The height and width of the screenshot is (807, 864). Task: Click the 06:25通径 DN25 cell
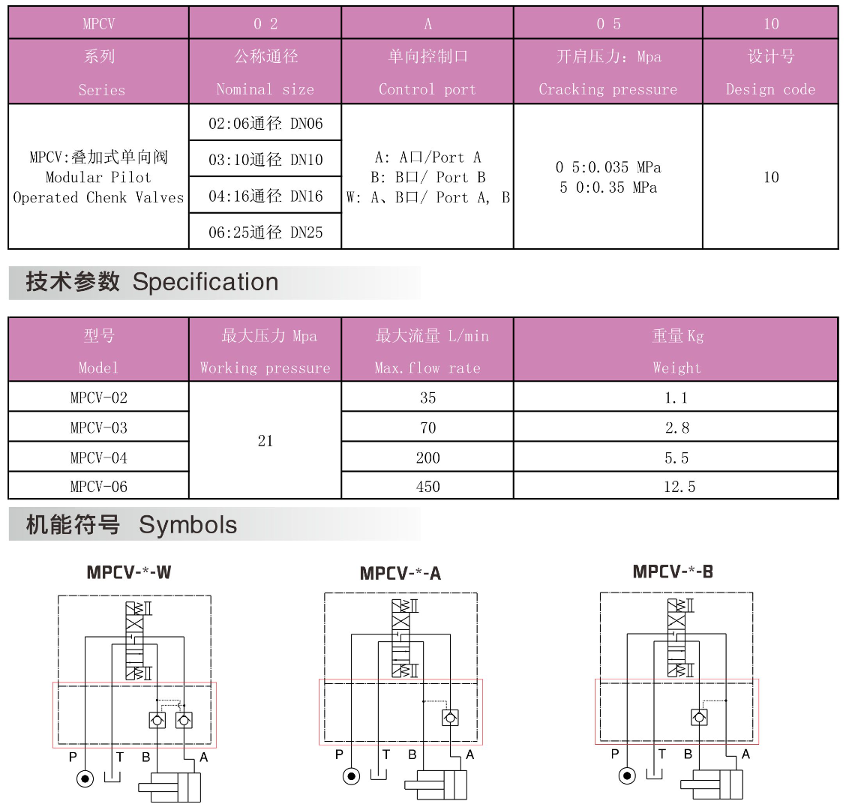[265, 232]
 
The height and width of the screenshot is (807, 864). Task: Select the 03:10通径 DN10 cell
[265, 159]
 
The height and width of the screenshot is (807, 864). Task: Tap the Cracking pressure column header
[607, 72]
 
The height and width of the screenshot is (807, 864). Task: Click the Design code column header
[770, 72]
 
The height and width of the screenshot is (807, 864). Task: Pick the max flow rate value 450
[427, 487]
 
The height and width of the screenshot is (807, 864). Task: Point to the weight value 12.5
[679, 487]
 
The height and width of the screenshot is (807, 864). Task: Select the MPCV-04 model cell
[99, 457]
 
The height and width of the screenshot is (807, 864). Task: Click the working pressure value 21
[265, 441]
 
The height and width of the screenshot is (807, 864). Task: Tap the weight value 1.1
[676, 397]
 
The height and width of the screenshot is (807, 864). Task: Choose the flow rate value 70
[427, 427]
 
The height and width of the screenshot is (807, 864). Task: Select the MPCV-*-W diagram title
[129, 572]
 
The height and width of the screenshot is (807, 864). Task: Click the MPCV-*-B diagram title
[673, 571]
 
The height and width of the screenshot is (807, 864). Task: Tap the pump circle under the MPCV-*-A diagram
[351, 776]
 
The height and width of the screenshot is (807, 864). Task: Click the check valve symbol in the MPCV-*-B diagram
[699, 717]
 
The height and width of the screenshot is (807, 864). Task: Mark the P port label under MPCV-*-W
[73, 757]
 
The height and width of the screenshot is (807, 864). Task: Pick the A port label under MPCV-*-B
[745, 754]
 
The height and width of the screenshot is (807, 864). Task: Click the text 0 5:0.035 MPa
[608, 167]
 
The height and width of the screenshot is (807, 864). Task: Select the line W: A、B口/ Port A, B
[428, 197]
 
